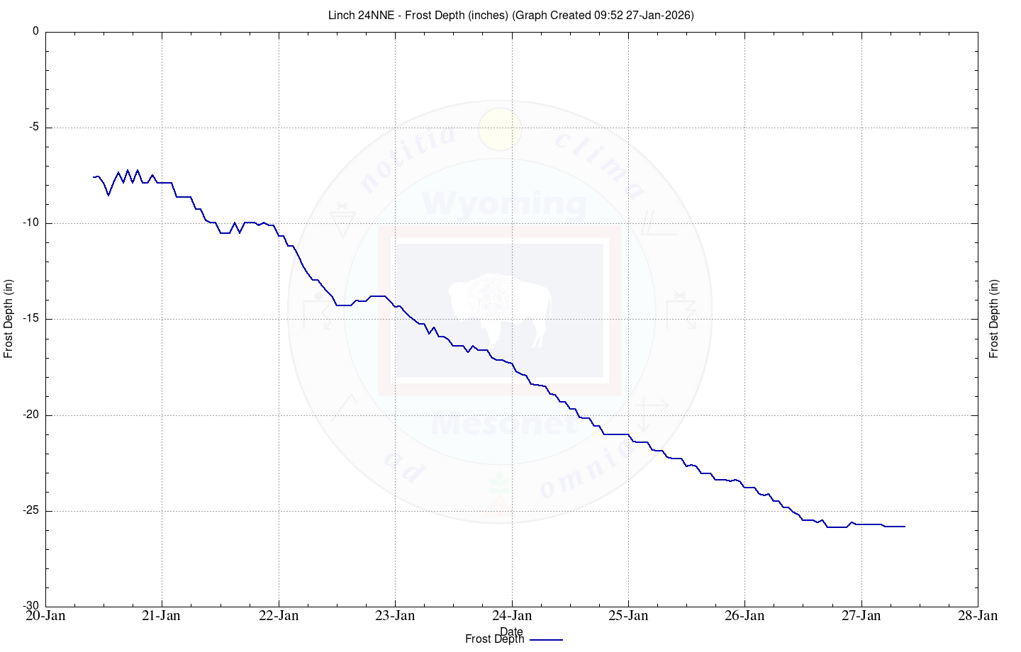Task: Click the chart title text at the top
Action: coord(510,15)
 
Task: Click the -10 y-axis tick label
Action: coord(32,223)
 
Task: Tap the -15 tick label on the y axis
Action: coord(32,320)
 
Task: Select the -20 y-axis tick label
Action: coord(32,415)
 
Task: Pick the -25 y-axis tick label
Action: coord(32,511)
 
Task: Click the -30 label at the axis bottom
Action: coord(32,607)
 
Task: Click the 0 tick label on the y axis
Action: coord(36,31)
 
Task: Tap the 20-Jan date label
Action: coord(45,616)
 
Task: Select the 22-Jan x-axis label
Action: coord(279,616)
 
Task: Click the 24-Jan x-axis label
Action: coord(512,616)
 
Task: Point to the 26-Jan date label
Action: coord(744,616)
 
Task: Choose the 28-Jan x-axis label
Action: coord(978,616)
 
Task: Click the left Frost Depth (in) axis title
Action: coord(9,319)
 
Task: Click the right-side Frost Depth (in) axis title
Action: coord(994,319)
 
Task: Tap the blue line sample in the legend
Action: coord(546,639)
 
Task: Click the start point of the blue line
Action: coord(94,177)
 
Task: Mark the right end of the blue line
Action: coord(905,527)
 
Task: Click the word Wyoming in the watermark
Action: coord(504,204)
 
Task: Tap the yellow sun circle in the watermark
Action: coord(500,130)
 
